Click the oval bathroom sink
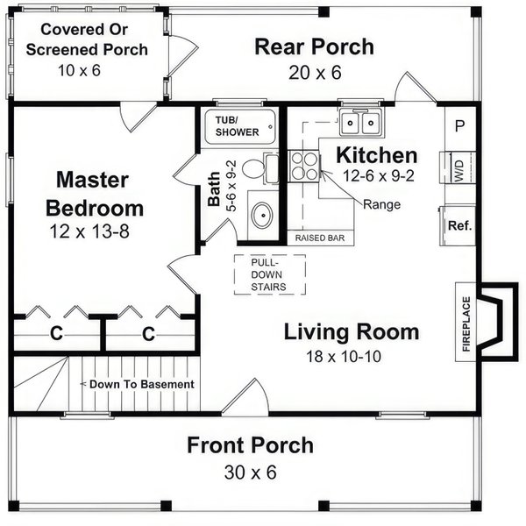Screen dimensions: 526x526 coord(261,213)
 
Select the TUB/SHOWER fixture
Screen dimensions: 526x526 coord(239,125)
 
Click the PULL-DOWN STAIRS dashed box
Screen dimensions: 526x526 coord(269,274)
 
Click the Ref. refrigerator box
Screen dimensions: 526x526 coord(459,225)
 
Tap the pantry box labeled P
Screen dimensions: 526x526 coord(459,125)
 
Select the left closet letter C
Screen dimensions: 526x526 coord(55,333)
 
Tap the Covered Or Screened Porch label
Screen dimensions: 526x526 coord(86,39)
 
